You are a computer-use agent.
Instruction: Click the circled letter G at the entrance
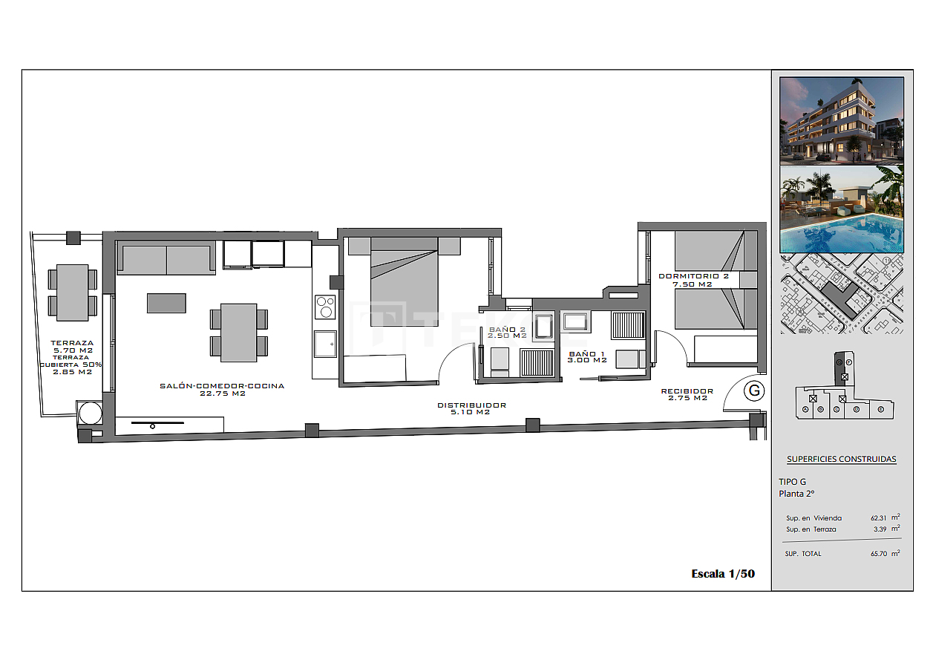point(754,391)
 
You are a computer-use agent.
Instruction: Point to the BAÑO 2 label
point(507,333)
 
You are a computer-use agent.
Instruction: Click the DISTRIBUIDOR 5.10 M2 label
point(471,408)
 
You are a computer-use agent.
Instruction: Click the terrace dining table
point(72,292)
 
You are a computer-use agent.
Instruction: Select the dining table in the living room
point(239,333)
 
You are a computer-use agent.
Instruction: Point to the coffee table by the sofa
point(166,303)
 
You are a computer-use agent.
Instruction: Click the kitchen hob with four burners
point(325,307)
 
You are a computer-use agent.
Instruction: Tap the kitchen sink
point(325,344)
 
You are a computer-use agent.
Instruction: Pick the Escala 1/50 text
point(722,573)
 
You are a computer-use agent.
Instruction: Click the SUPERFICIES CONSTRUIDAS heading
point(841,459)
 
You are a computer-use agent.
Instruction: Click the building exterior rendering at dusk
point(842,120)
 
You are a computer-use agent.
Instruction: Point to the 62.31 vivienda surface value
point(880,518)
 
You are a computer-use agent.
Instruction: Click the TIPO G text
point(792,482)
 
